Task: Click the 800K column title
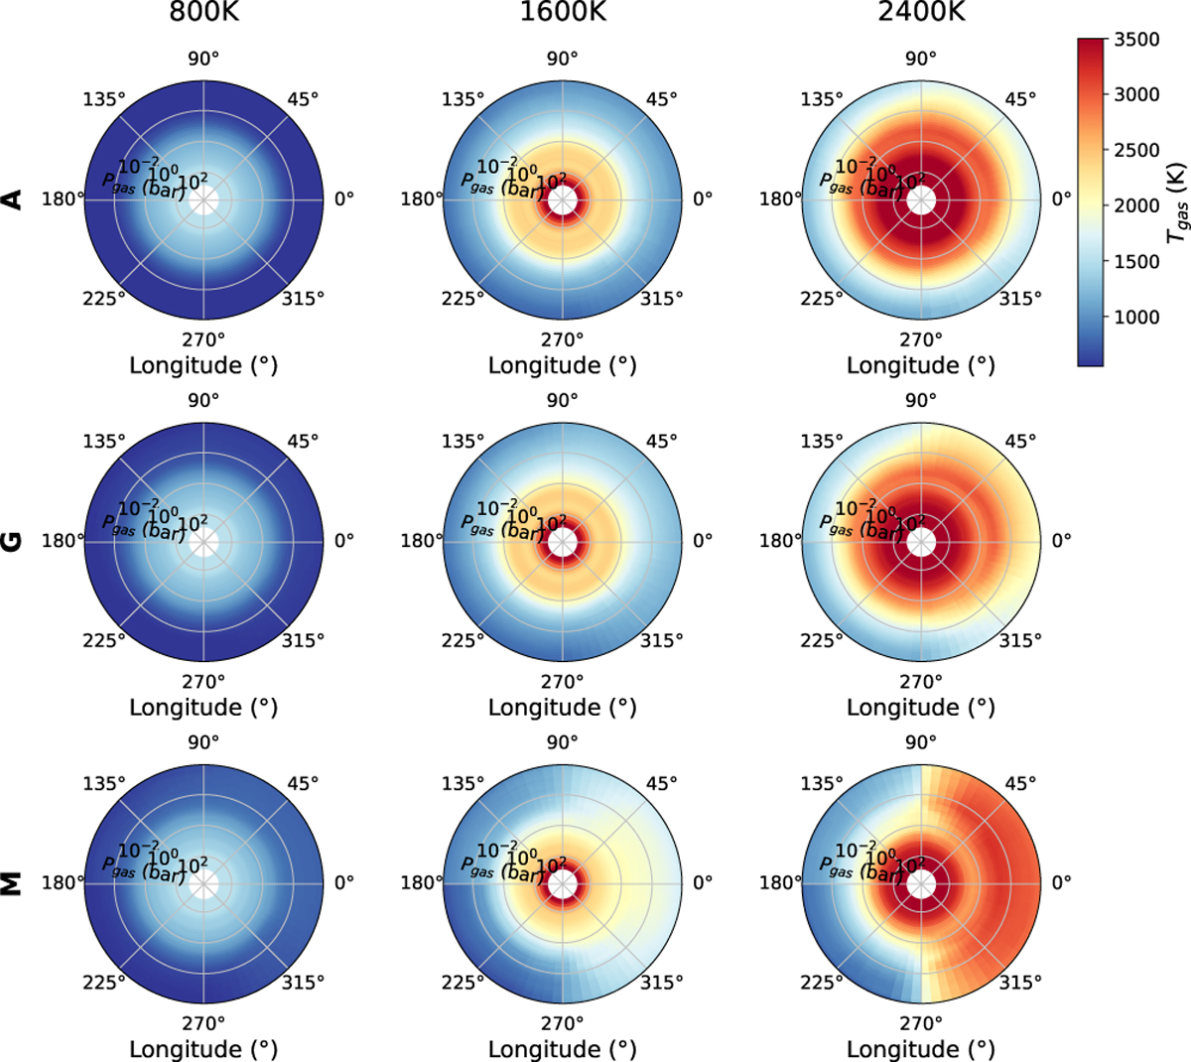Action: pyautogui.click(x=203, y=13)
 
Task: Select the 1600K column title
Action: pyautogui.click(x=562, y=13)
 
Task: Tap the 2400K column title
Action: pyautogui.click(x=921, y=13)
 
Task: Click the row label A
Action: pyautogui.click(x=13, y=199)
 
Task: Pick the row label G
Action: pyautogui.click(x=13, y=541)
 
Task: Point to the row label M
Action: pyautogui.click(x=13, y=882)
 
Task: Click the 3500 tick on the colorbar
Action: pyautogui.click(x=1136, y=40)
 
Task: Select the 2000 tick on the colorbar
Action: pyautogui.click(x=1136, y=205)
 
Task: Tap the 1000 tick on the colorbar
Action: pyautogui.click(x=1136, y=317)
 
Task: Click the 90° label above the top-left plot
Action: pyautogui.click(x=203, y=58)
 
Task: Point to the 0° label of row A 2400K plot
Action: pyautogui.click(x=1062, y=199)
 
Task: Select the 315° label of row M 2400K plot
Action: pyautogui.click(x=1020, y=983)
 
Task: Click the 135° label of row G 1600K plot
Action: pyautogui.click(x=463, y=441)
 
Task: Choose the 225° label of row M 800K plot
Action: pyautogui.click(x=104, y=983)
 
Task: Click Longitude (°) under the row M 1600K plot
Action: pyautogui.click(x=562, y=1049)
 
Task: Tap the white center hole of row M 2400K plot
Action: pyautogui.click(x=921, y=882)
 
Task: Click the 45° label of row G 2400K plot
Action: pyautogui.click(x=1020, y=441)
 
